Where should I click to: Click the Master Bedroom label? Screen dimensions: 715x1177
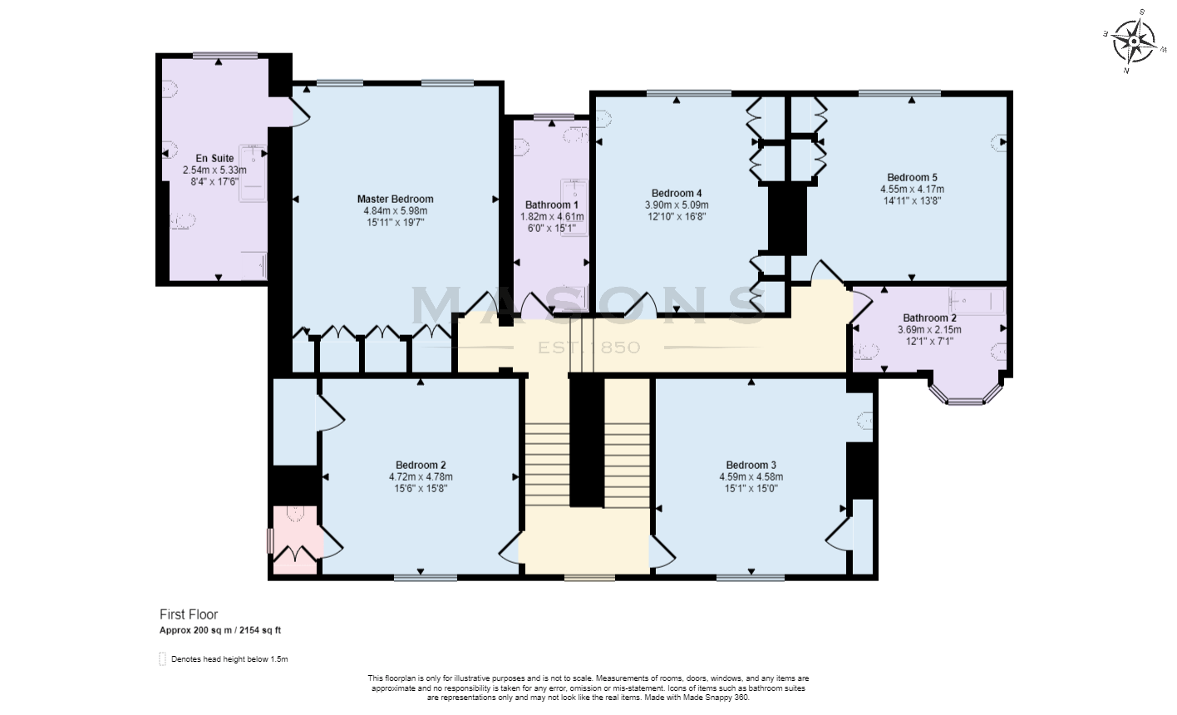(x=395, y=199)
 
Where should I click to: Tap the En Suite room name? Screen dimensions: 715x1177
(x=214, y=158)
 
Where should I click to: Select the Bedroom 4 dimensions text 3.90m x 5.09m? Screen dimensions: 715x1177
(x=677, y=205)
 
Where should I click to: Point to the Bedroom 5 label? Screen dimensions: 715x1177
(x=912, y=177)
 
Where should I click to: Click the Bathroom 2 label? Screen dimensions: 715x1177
(x=929, y=318)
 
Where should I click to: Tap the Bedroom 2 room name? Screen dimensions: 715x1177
(x=421, y=465)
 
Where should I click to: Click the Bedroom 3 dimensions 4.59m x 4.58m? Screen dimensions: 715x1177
(x=751, y=476)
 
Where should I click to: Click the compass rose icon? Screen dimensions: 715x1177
(x=1133, y=41)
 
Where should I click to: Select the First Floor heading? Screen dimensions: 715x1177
(x=189, y=614)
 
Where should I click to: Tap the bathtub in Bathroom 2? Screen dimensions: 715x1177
(x=978, y=300)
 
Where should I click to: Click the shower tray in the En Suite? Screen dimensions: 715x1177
(x=253, y=173)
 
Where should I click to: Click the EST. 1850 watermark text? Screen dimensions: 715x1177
(x=588, y=347)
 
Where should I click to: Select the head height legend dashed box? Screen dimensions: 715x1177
(x=162, y=659)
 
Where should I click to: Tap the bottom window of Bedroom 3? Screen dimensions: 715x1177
(x=750, y=576)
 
